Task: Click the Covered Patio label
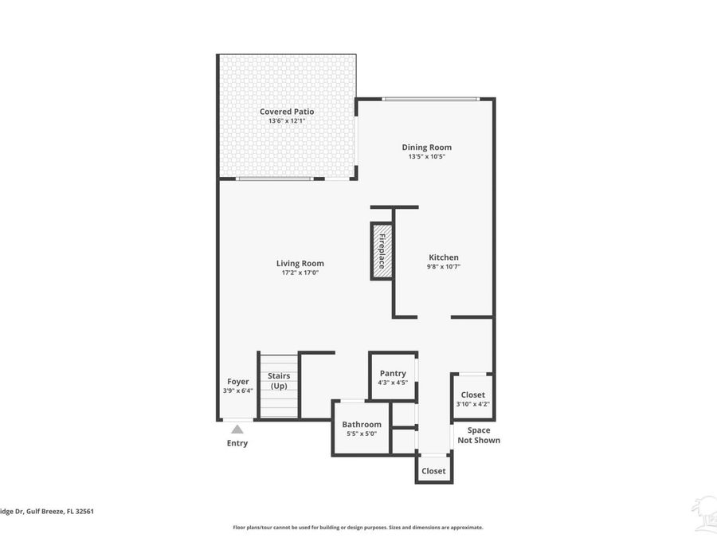pyautogui.click(x=287, y=112)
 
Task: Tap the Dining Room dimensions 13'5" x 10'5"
pyautogui.click(x=426, y=156)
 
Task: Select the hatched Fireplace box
pyautogui.click(x=382, y=251)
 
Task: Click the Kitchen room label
pyautogui.click(x=444, y=257)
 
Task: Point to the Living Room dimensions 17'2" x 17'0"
pyautogui.click(x=300, y=273)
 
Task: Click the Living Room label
pyautogui.click(x=300, y=263)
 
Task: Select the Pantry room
pyautogui.click(x=393, y=377)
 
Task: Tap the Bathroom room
pyautogui.click(x=361, y=429)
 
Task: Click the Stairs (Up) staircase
pyautogui.click(x=278, y=386)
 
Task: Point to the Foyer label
pyautogui.click(x=237, y=382)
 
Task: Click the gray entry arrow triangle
pyautogui.click(x=237, y=430)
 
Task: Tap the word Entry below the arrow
pyautogui.click(x=237, y=443)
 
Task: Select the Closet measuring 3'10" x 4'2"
pyautogui.click(x=472, y=399)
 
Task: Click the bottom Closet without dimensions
pyautogui.click(x=433, y=471)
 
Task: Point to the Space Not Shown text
pyautogui.click(x=479, y=435)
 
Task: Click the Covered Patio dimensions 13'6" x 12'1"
pyautogui.click(x=287, y=121)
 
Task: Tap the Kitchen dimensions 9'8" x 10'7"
pyautogui.click(x=444, y=267)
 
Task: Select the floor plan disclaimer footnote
pyautogui.click(x=358, y=527)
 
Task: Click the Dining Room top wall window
pyautogui.click(x=430, y=99)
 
